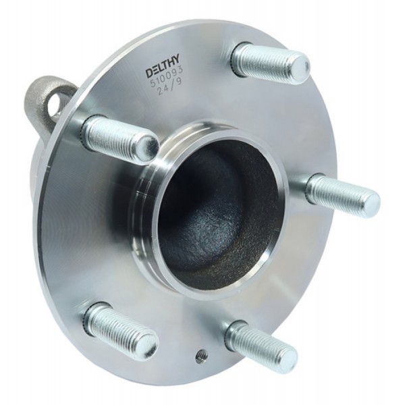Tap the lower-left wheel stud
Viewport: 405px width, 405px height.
(x=122, y=327)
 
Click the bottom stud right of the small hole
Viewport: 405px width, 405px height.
(x=261, y=345)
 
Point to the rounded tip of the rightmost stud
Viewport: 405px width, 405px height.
(x=371, y=200)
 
